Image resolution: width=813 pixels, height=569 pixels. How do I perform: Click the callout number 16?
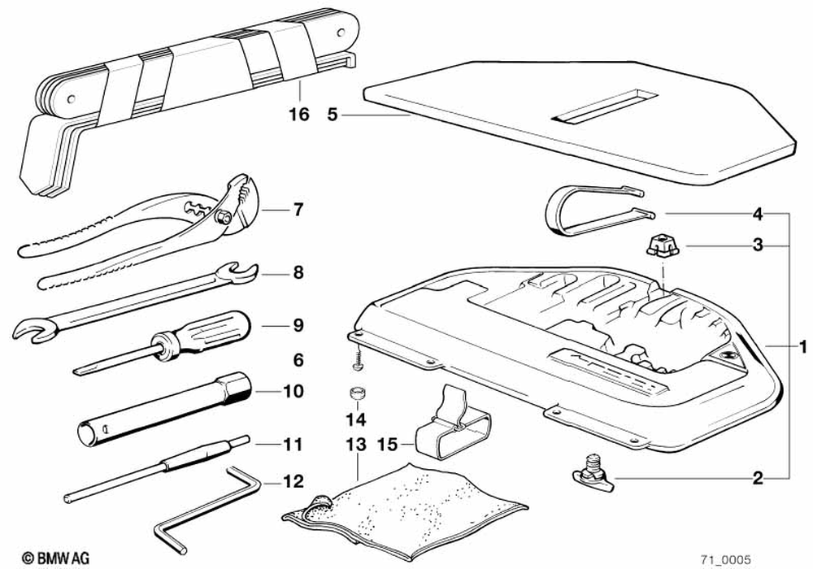[x=299, y=115]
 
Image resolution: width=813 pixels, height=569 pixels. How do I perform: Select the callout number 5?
[x=332, y=115]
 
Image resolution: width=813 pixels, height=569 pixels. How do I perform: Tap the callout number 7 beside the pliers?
[x=298, y=211]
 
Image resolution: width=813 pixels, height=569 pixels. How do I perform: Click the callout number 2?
[x=757, y=478]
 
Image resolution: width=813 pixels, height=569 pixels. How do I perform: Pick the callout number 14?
[x=356, y=420]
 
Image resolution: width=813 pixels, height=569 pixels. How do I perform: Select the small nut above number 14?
[x=355, y=393]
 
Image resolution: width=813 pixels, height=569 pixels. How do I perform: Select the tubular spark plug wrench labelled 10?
[x=163, y=410]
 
